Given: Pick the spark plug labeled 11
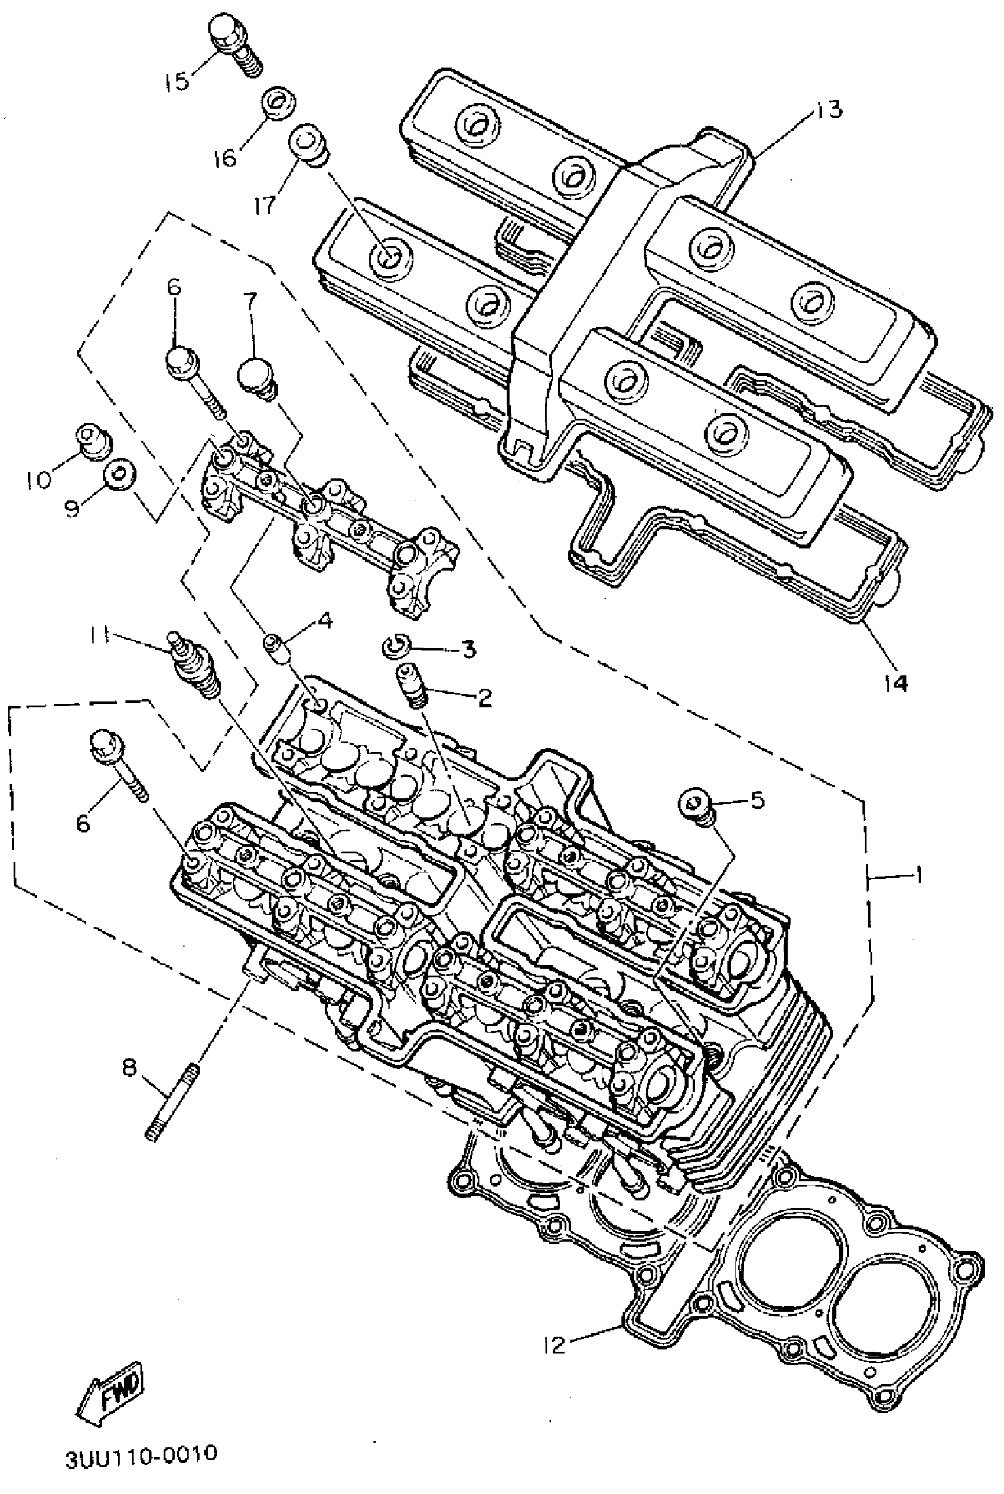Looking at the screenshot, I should tap(195, 665).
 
